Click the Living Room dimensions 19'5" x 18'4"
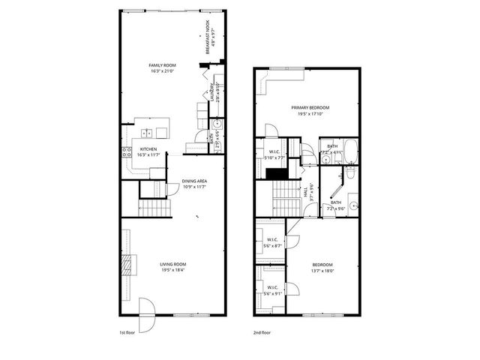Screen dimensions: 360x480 tap(172, 270)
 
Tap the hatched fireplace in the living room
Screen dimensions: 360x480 tap(126, 264)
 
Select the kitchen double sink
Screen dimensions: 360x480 tap(148, 133)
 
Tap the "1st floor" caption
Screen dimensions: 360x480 tap(126, 331)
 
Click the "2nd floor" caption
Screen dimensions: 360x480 tap(262, 331)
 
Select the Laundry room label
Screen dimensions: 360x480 tap(213, 95)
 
